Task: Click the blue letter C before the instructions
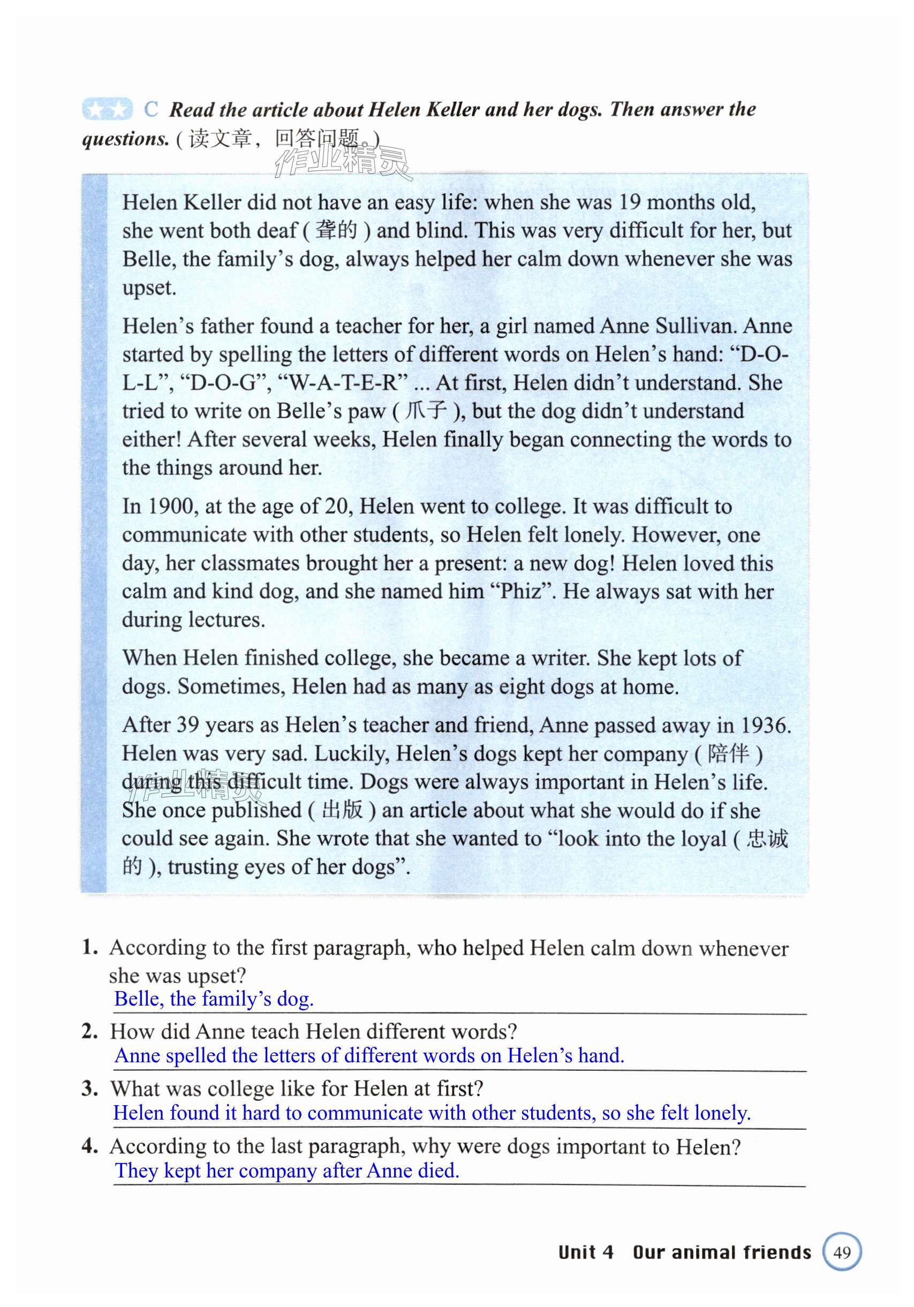[x=151, y=109]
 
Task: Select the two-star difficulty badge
[x=107, y=109]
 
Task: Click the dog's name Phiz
[x=521, y=592]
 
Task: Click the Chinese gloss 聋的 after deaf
[x=336, y=231]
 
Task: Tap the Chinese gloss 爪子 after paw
[x=425, y=411]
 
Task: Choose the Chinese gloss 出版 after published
[x=342, y=810]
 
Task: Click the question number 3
[x=89, y=1089]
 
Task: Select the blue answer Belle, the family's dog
[x=214, y=999]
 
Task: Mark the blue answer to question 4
[x=287, y=1170]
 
